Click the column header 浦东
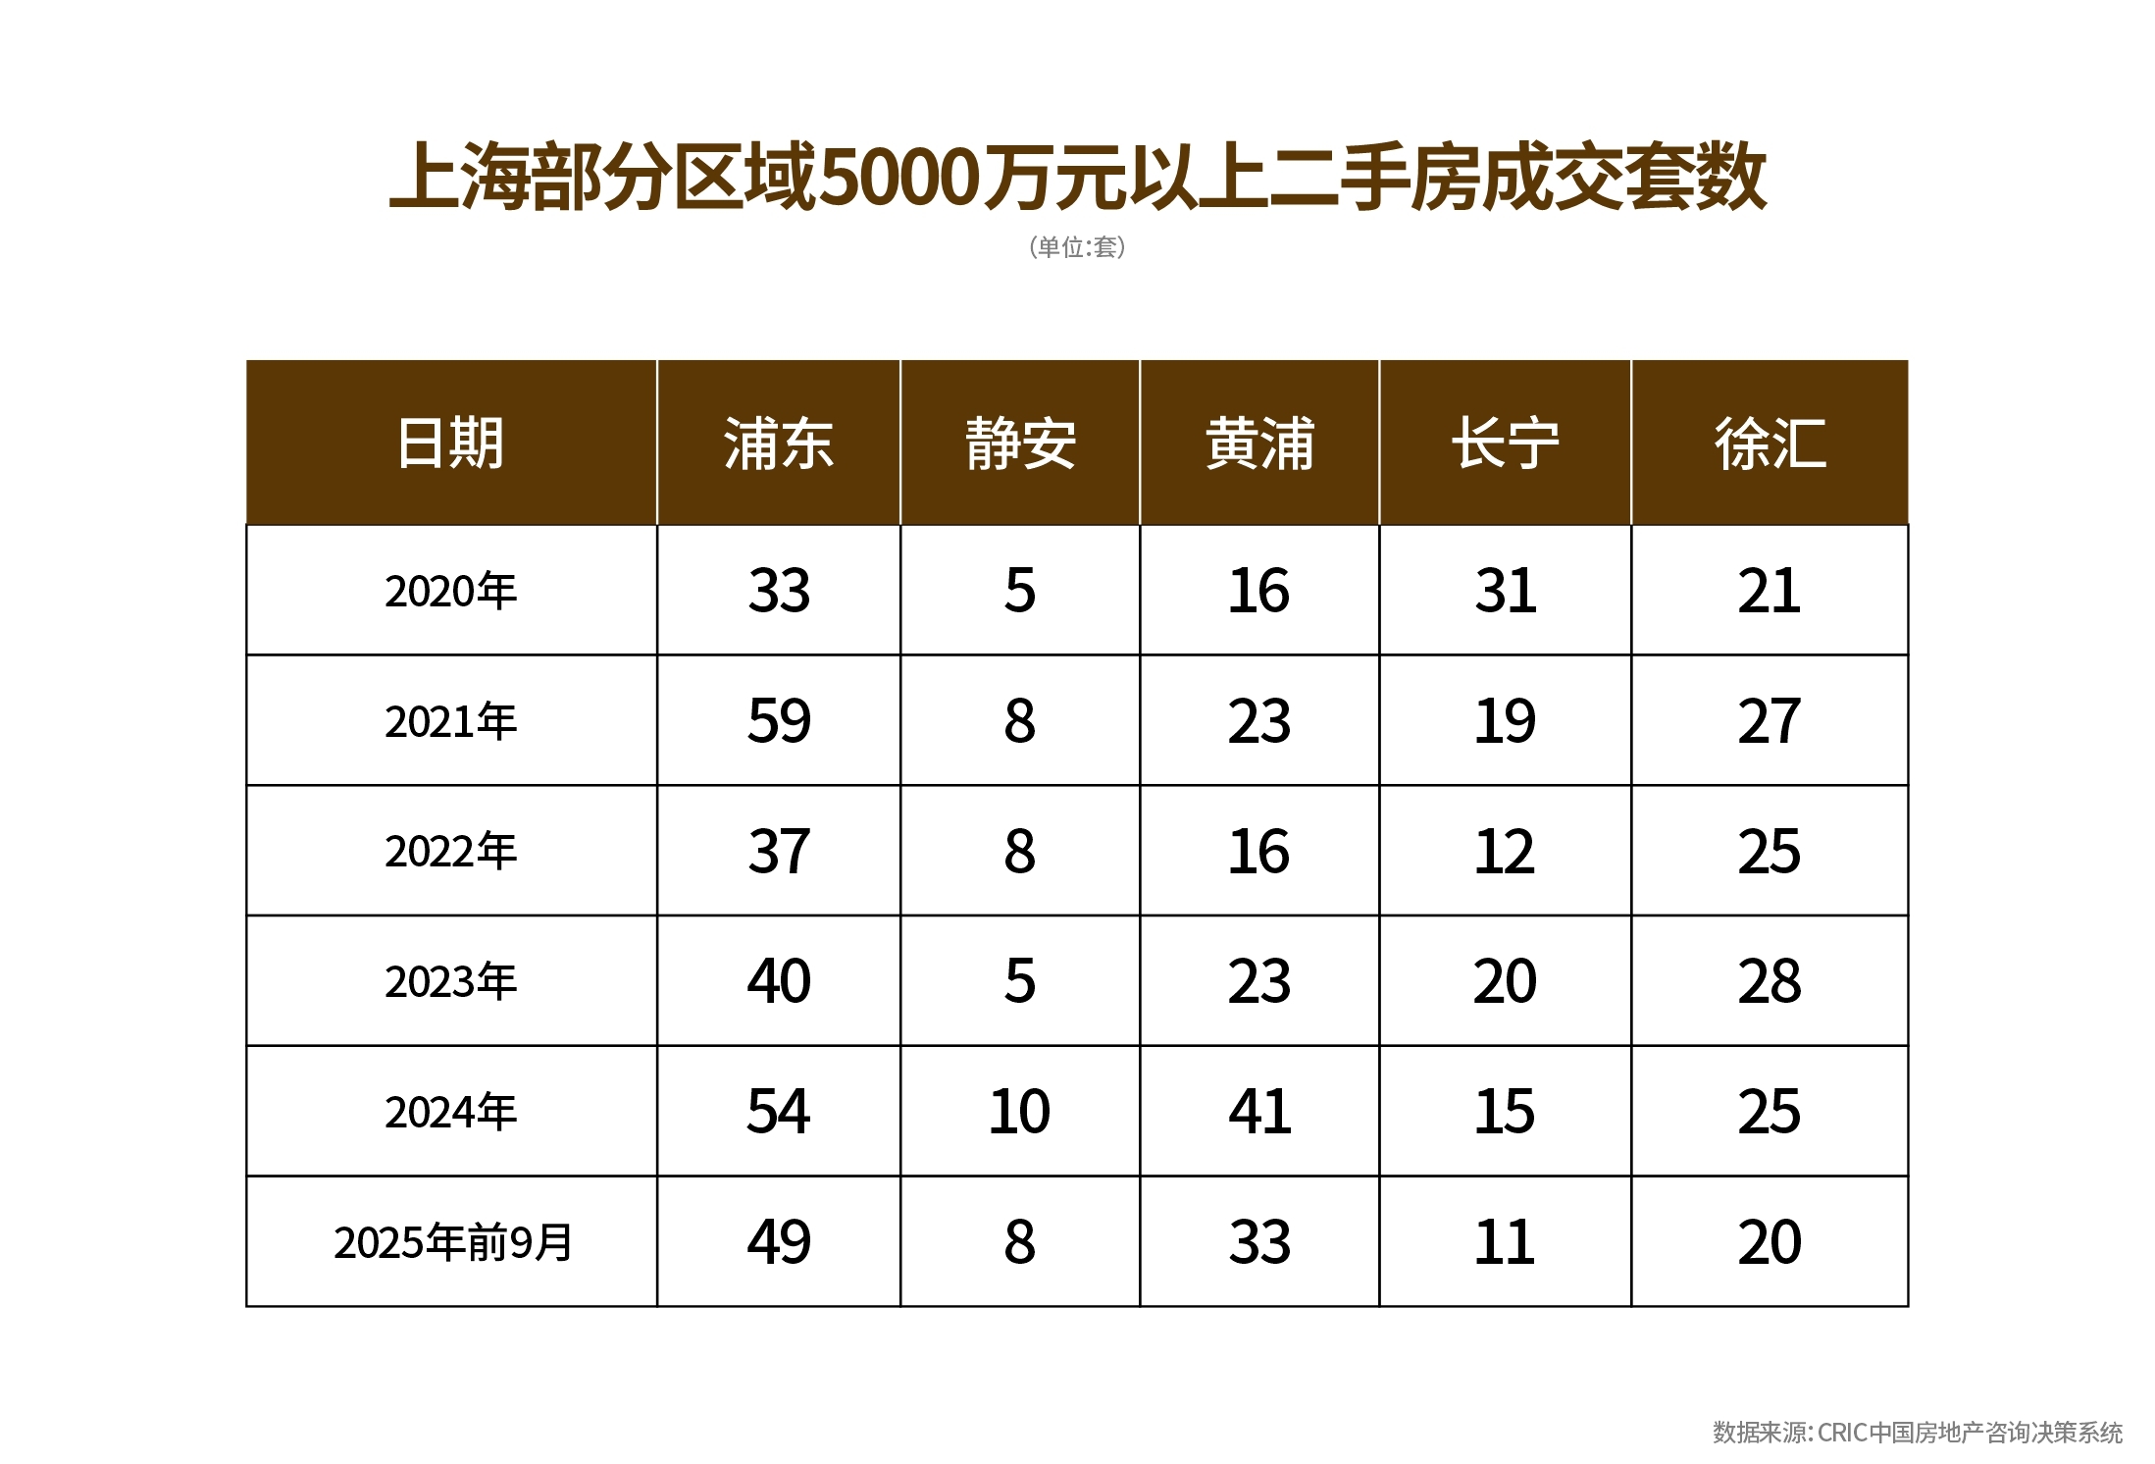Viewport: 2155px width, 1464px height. tap(778, 444)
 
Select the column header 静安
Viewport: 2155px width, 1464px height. tap(1020, 444)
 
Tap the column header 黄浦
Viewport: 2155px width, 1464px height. tap(1259, 444)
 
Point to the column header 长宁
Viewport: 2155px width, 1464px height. tap(1505, 444)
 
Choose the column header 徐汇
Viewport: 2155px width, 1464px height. tap(1770, 444)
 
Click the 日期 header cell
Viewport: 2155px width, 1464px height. tap(450, 444)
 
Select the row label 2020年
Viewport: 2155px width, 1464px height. tap(450, 591)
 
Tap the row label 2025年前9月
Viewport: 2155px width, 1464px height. tap(452, 1242)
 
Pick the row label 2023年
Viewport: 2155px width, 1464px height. tap(450, 981)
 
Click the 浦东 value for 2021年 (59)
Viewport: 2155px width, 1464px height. tap(779, 721)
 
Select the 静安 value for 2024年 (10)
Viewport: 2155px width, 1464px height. tap(1019, 1112)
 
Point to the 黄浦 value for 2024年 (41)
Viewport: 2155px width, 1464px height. tap(1259, 1112)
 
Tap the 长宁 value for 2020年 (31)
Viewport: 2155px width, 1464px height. tap(1505, 591)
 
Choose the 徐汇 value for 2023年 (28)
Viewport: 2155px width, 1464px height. tap(1770, 981)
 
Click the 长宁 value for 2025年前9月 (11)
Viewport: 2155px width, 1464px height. tap(1505, 1242)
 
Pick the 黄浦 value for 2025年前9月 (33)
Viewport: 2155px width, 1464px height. tap(1259, 1242)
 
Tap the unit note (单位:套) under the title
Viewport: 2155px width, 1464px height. tap(1077, 247)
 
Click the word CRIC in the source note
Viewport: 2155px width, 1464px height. tap(1841, 1433)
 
